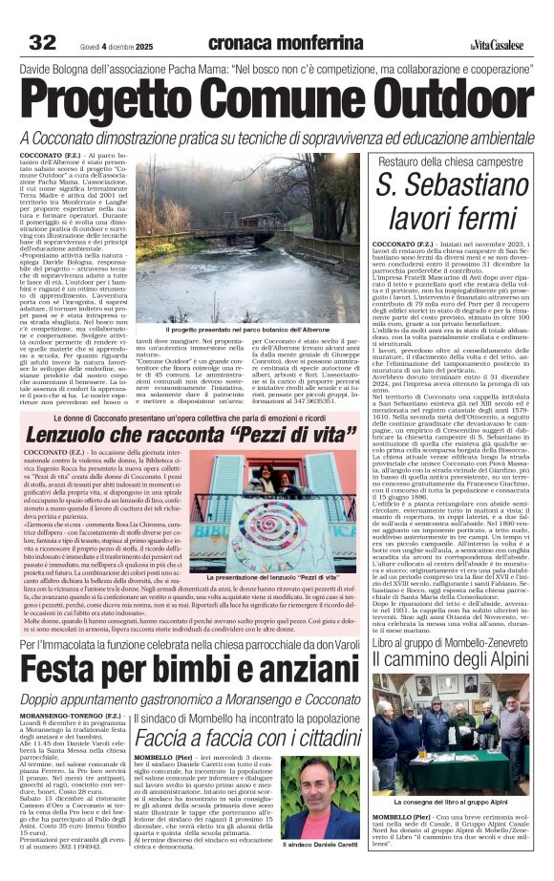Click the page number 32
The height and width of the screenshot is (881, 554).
tap(43, 42)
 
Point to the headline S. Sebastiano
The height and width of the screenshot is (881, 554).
tap(453, 185)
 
